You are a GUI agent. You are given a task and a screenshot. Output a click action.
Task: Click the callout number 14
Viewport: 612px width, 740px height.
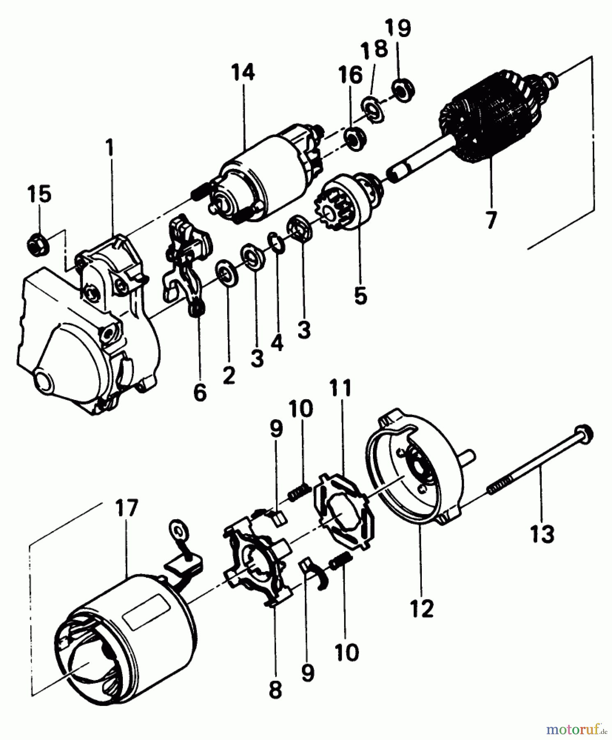pos(243,73)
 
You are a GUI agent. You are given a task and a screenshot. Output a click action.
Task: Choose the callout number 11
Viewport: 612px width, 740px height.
pos(342,389)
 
